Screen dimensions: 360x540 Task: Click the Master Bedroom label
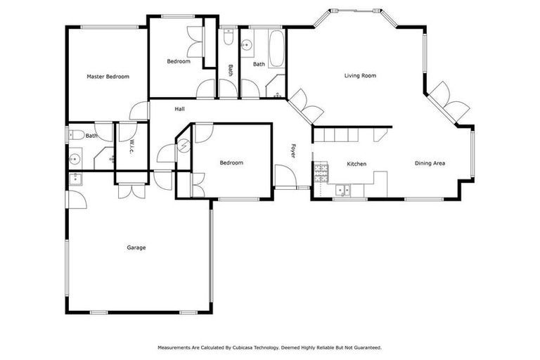coord(108,76)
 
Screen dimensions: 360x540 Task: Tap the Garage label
coord(136,247)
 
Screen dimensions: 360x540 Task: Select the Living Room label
coord(360,76)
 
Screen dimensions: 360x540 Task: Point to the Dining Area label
coord(430,163)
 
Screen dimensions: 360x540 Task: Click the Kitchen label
coord(356,164)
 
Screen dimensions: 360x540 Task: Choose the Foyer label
coord(294,150)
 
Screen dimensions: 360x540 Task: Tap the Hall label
coord(180,109)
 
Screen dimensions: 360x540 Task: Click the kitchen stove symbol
coord(321,171)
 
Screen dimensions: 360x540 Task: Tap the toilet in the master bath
coord(79,134)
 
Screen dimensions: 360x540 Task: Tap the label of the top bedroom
coord(179,61)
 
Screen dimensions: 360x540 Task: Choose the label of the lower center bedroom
coord(231,163)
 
